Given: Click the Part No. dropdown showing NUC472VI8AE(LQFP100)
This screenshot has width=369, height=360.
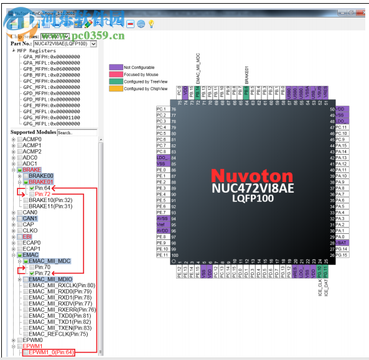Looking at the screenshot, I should click(x=65, y=44).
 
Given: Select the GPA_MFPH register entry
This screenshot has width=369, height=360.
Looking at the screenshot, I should click(x=51, y=57).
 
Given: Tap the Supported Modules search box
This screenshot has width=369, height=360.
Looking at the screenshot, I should click(x=76, y=132).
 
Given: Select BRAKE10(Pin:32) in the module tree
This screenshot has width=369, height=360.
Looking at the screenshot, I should click(x=50, y=200).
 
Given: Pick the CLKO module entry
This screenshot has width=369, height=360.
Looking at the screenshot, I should click(x=30, y=231).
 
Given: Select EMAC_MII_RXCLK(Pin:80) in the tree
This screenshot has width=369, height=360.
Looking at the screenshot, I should click(x=62, y=285).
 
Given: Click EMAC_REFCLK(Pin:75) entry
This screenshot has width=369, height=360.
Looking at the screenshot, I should click(x=60, y=334).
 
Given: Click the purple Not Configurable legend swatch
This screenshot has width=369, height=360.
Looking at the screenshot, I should click(x=115, y=67).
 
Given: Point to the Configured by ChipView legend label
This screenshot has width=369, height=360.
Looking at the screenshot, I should click(x=146, y=89).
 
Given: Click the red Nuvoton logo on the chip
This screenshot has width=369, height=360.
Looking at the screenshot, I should click(x=251, y=175).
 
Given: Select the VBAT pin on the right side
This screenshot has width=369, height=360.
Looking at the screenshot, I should click(x=342, y=242).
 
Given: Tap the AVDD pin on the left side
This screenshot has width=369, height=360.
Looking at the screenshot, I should click(x=162, y=231).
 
